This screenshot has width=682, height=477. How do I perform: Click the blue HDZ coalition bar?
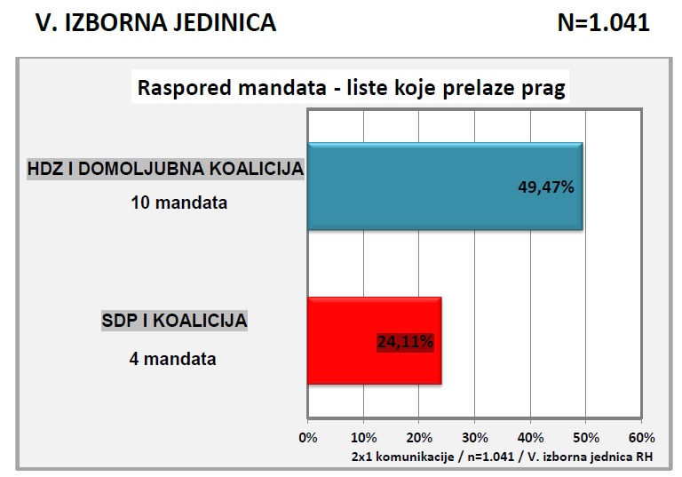pyautogui.click(x=444, y=186)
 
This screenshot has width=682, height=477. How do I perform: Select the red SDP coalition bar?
pyautogui.click(x=374, y=339)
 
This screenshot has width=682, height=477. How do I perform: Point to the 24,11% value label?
pyautogui.click(x=404, y=339)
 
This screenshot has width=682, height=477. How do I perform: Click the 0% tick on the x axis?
pyautogui.click(x=307, y=437)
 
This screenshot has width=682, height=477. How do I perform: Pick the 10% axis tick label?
pyautogui.click(x=363, y=437)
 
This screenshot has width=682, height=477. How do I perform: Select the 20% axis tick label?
pyautogui.click(x=419, y=437)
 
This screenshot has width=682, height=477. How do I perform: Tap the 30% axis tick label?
pyautogui.click(x=474, y=437)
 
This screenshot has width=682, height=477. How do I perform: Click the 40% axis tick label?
pyautogui.click(x=530, y=437)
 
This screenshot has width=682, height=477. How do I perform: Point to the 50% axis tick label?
pyautogui.click(x=586, y=437)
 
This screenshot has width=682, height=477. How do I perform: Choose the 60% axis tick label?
pyautogui.click(x=641, y=437)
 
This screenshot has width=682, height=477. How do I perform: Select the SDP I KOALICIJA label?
pyautogui.click(x=173, y=321)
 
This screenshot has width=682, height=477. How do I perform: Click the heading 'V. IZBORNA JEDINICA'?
pyautogui.click(x=155, y=24)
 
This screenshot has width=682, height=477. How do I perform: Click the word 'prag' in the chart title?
pyautogui.click(x=544, y=90)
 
